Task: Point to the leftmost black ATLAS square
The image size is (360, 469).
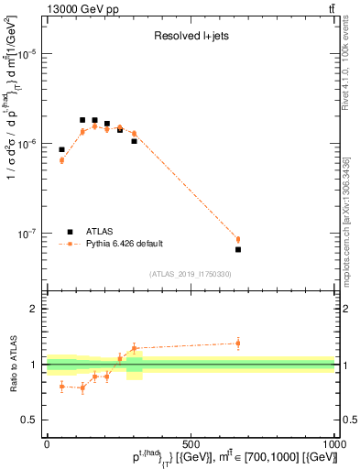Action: coord(62,149)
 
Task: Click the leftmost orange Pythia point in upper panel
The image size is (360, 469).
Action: coord(62,160)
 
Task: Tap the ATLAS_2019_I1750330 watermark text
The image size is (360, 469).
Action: coord(191,274)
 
